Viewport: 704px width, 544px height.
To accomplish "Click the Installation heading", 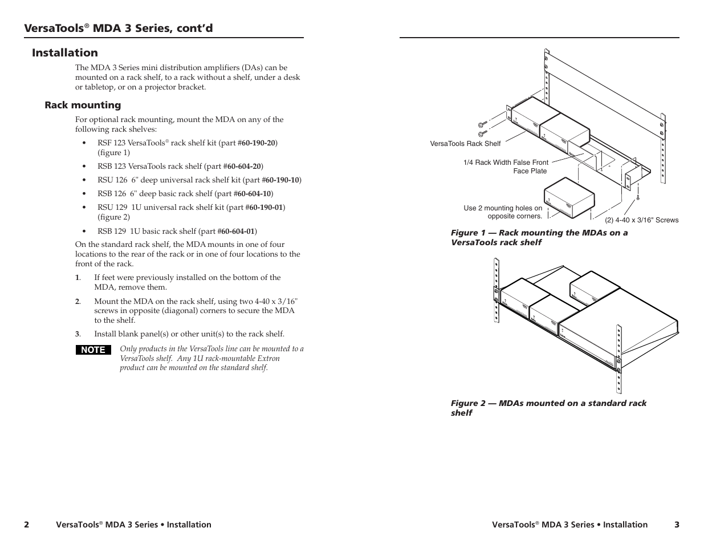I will pos(65,53).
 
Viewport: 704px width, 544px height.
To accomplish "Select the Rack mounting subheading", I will pos(83,105).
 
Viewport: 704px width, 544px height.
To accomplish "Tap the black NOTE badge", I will pos(93,350).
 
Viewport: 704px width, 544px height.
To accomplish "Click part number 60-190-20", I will pos(259,143).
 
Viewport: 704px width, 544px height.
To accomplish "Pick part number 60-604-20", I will pos(244,167).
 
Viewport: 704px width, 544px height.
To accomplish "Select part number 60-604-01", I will pos(238,232).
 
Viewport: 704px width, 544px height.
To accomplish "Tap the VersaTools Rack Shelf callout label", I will pos(465,144).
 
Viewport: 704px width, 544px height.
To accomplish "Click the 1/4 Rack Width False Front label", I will pos(506,163).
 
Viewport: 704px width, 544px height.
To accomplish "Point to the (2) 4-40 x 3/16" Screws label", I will pos(641,220).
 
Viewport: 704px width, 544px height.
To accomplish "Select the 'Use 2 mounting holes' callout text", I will pos(503,212).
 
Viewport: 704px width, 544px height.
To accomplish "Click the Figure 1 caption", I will pos(539,237).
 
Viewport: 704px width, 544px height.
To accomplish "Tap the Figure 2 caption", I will pos(548,408).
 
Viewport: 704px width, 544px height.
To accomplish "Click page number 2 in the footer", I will pos(26,525).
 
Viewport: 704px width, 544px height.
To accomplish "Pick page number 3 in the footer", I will pos(677,525).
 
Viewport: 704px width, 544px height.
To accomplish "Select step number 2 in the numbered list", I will pos(78,302).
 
